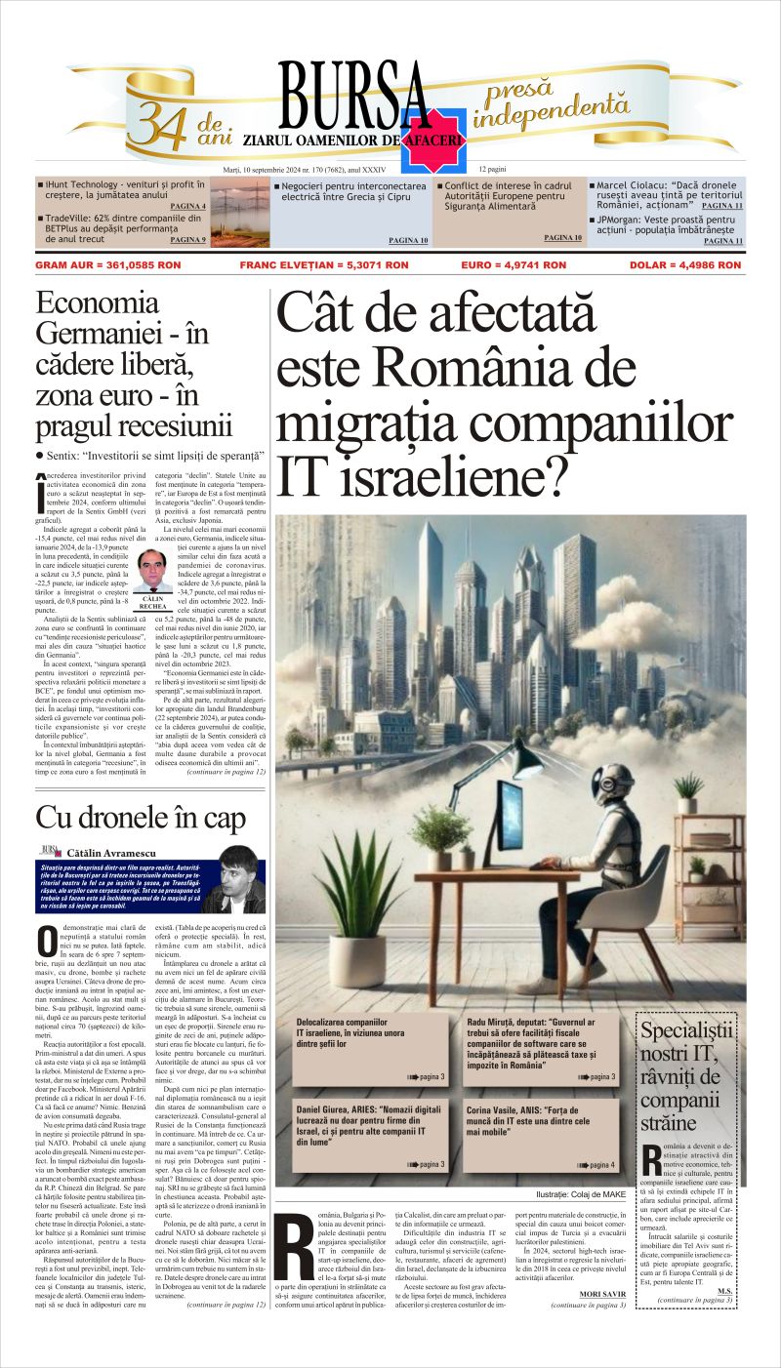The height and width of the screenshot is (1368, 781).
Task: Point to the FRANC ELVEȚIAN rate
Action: [x=323, y=264]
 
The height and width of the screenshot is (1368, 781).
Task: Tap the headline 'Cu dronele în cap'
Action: [x=141, y=819]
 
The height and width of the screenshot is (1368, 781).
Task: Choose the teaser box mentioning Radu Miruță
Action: [x=541, y=1050]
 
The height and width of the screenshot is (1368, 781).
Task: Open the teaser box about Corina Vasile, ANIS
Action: [x=541, y=1132]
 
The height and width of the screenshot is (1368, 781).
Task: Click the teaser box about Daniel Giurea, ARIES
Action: [x=371, y=1132]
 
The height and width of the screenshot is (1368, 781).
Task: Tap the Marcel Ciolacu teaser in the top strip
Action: [x=665, y=194]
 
